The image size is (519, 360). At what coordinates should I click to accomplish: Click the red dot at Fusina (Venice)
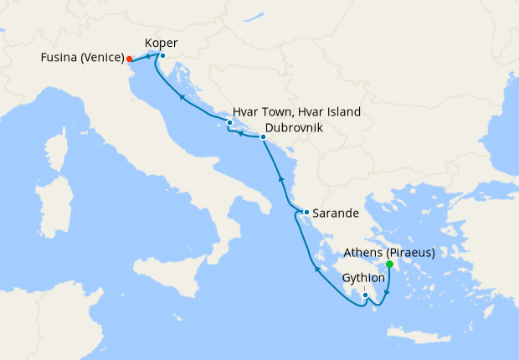point(129,59)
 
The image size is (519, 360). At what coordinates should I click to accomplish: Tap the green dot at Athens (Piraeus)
point(389,265)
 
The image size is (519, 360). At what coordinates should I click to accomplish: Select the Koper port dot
point(162,56)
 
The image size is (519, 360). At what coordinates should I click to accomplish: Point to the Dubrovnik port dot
point(263,137)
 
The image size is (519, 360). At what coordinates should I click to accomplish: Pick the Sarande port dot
point(307,213)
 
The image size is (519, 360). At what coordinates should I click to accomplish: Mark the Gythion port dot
point(366,294)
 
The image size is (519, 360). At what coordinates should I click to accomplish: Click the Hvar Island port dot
point(229,123)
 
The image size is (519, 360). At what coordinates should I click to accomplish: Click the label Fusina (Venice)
point(80,59)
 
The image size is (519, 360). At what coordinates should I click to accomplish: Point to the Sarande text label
point(337,213)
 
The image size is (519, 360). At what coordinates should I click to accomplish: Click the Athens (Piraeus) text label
point(390,251)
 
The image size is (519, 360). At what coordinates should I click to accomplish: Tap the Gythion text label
point(364,278)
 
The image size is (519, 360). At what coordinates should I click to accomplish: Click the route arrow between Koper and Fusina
point(147,56)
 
